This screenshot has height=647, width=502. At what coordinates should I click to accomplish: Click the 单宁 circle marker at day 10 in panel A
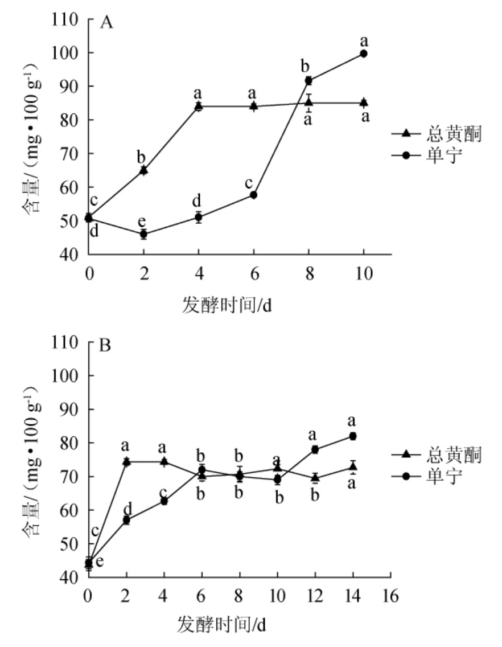pos(364,54)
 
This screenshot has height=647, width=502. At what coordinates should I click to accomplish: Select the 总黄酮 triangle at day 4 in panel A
pos(199,106)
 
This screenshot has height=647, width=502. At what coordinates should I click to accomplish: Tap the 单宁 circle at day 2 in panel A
pos(143,234)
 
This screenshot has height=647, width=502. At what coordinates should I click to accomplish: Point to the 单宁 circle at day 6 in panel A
pos(253,195)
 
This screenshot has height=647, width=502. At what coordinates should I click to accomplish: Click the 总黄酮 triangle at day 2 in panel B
pos(126,461)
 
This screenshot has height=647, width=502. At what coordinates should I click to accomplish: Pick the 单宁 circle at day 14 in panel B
pos(353,436)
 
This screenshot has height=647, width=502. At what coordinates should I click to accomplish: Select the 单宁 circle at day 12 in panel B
pos(315,449)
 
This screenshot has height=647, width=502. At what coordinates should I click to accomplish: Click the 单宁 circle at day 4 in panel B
pos(164,501)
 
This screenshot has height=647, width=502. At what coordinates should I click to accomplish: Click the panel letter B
pos(105,345)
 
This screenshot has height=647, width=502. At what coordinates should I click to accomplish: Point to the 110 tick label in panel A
pos(65,19)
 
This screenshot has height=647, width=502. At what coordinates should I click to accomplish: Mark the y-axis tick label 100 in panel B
pos(65,376)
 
